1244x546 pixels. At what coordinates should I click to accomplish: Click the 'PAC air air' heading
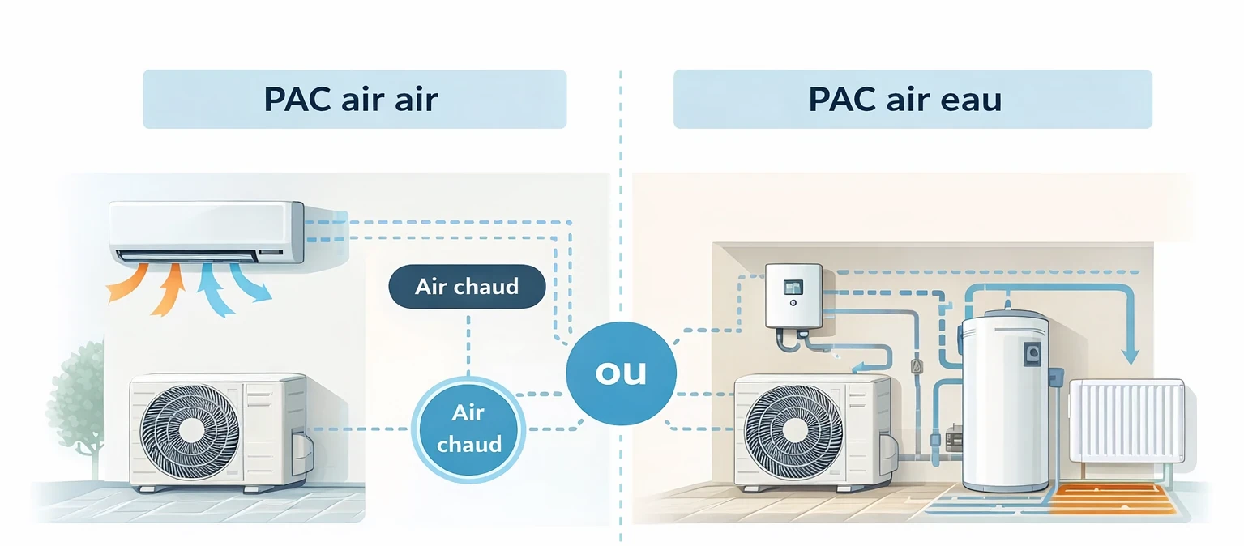pyautogui.click(x=351, y=99)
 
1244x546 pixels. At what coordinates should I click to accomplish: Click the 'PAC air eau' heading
pyautogui.click(x=904, y=99)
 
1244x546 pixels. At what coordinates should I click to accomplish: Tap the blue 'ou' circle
pyautogui.click(x=621, y=372)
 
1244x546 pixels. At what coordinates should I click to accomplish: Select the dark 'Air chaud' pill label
pyautogui.click(x=467, y=287)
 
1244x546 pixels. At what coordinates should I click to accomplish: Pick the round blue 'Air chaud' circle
pyautogui.click(x=468, y=428)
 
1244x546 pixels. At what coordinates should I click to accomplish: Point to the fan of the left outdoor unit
pyautogui.click(x=190, y=430)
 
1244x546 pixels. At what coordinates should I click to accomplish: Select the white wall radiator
pyautogui.click(x=1126, y=421)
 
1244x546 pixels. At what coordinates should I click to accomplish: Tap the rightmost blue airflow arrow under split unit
pyautogui.click(x=250, y=285)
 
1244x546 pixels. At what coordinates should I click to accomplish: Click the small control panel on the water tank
pyautogui.click(x=1032, y=353)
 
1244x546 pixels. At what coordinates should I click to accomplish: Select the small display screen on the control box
pyautogui.click(x=793, y=287)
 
